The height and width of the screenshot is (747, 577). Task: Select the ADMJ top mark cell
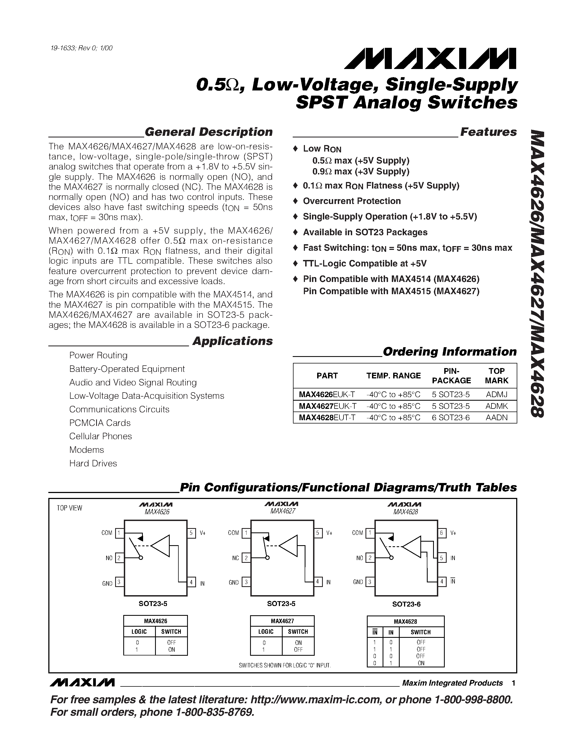(496, 394)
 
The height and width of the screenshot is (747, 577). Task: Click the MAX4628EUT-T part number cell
(327, 417)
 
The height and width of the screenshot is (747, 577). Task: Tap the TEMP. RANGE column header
(393, 376)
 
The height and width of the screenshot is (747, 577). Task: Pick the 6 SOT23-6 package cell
(450, 417)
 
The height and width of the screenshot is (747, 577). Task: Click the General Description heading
(209, 132)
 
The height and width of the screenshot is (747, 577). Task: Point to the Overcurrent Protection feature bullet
(352, 201)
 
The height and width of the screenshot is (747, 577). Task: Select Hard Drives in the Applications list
(93, 463)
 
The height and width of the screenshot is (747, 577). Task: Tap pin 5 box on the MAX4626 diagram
(191, 533)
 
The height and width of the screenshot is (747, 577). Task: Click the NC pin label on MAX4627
(235, 558)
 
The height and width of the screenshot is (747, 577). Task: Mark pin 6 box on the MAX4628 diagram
(442, 533)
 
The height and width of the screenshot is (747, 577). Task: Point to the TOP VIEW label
(70, 508)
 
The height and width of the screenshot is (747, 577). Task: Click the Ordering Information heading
(449, 351)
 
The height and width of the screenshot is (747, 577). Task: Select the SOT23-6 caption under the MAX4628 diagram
(406, 604)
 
